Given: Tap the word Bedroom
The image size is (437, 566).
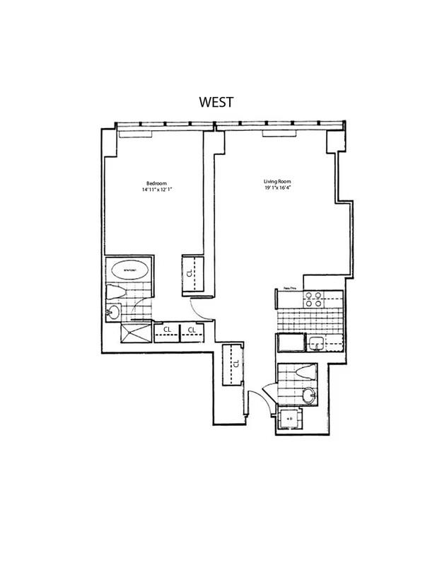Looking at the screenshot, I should pos(147,183).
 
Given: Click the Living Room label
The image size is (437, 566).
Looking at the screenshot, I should pos(273,181).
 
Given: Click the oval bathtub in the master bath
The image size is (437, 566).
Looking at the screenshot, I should pos(129,270).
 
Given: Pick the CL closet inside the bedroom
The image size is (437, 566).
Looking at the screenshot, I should pos(192,272).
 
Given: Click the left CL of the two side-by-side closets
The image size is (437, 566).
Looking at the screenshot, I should pos(165,330).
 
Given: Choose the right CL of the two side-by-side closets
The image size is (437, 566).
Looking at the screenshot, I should pos(192,330).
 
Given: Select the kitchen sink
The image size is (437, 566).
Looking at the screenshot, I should pos(317,344).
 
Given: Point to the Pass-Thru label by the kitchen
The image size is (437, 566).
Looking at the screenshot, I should pos(289,288).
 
